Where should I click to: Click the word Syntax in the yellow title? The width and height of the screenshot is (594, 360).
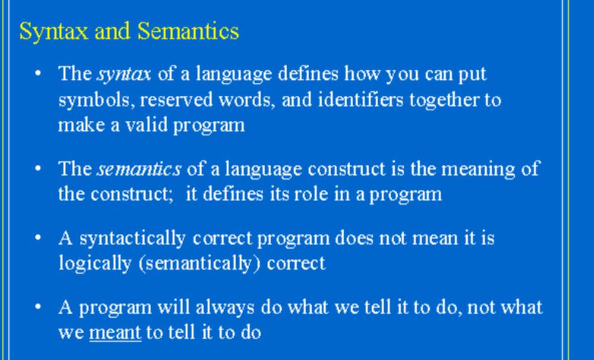pos(54,32)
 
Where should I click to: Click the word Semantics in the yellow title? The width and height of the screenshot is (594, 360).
pos(188,31)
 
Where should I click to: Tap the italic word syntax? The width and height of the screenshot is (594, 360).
pos(124,74)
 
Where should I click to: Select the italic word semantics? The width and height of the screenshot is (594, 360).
pos(139,169)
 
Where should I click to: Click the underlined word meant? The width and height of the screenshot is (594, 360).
pos(115,333)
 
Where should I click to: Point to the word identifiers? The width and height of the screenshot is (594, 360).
pos(360,99)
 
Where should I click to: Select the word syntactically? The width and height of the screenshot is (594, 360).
pos(133,239)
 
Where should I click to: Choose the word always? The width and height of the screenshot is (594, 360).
pos(225,308)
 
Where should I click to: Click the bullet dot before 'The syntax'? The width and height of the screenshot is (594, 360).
pos(37,73)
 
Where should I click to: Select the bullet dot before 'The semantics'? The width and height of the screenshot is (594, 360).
pos(37,168)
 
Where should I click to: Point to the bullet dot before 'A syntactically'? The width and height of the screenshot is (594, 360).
pos(37,237)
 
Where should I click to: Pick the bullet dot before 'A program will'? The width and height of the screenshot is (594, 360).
pos(37,306)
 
